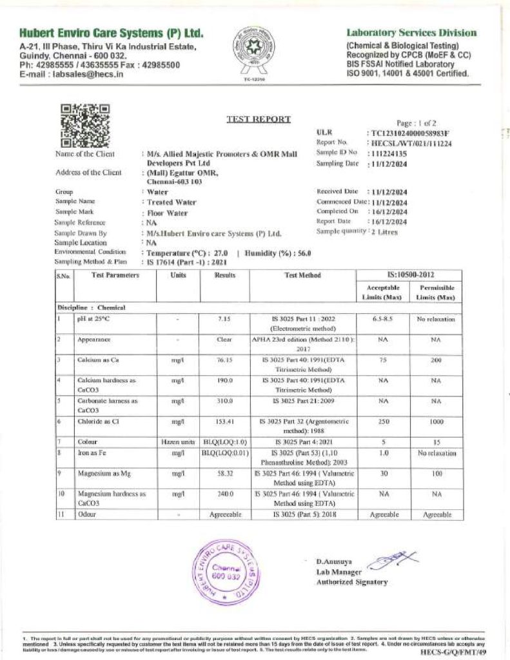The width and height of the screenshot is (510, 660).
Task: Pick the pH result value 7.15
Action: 225,319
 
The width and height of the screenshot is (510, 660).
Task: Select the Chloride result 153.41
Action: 225,422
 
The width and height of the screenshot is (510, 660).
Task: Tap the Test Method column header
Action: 302,275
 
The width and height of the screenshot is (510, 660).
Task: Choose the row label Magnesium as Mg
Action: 103,474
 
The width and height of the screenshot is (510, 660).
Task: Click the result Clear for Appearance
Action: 225,339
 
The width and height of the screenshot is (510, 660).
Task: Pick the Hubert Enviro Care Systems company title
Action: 112,33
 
